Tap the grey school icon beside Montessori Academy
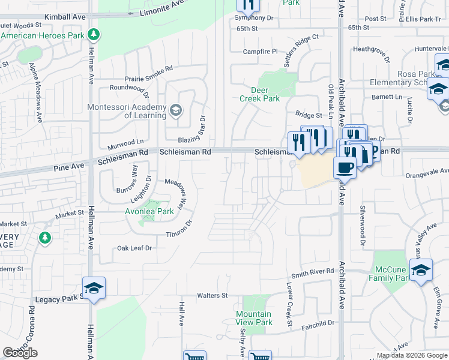coord(176,110)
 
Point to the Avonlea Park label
coord(149,211)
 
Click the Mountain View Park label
coord(253,318)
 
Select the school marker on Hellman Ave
coord(93,289)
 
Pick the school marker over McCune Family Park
coord(421,271)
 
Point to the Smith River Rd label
coord(313,272)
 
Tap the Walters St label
coord(213,295)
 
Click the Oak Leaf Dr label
coord(134,247)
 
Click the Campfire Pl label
coord(260,52)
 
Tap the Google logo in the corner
coord(20,353)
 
